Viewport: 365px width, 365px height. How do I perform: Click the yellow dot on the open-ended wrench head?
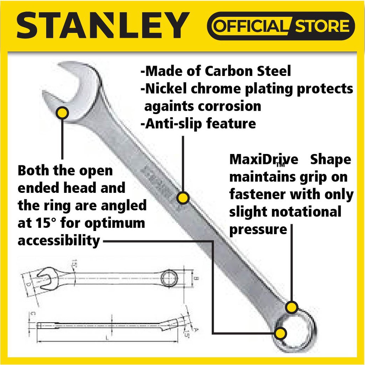point(63,113)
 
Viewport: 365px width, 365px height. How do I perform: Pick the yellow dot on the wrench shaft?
point(183,198)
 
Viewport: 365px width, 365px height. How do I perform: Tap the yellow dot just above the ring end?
point(292,307)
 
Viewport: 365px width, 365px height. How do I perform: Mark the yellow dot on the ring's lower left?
point(280,333)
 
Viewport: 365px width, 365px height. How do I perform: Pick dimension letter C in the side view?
point(32,314)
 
